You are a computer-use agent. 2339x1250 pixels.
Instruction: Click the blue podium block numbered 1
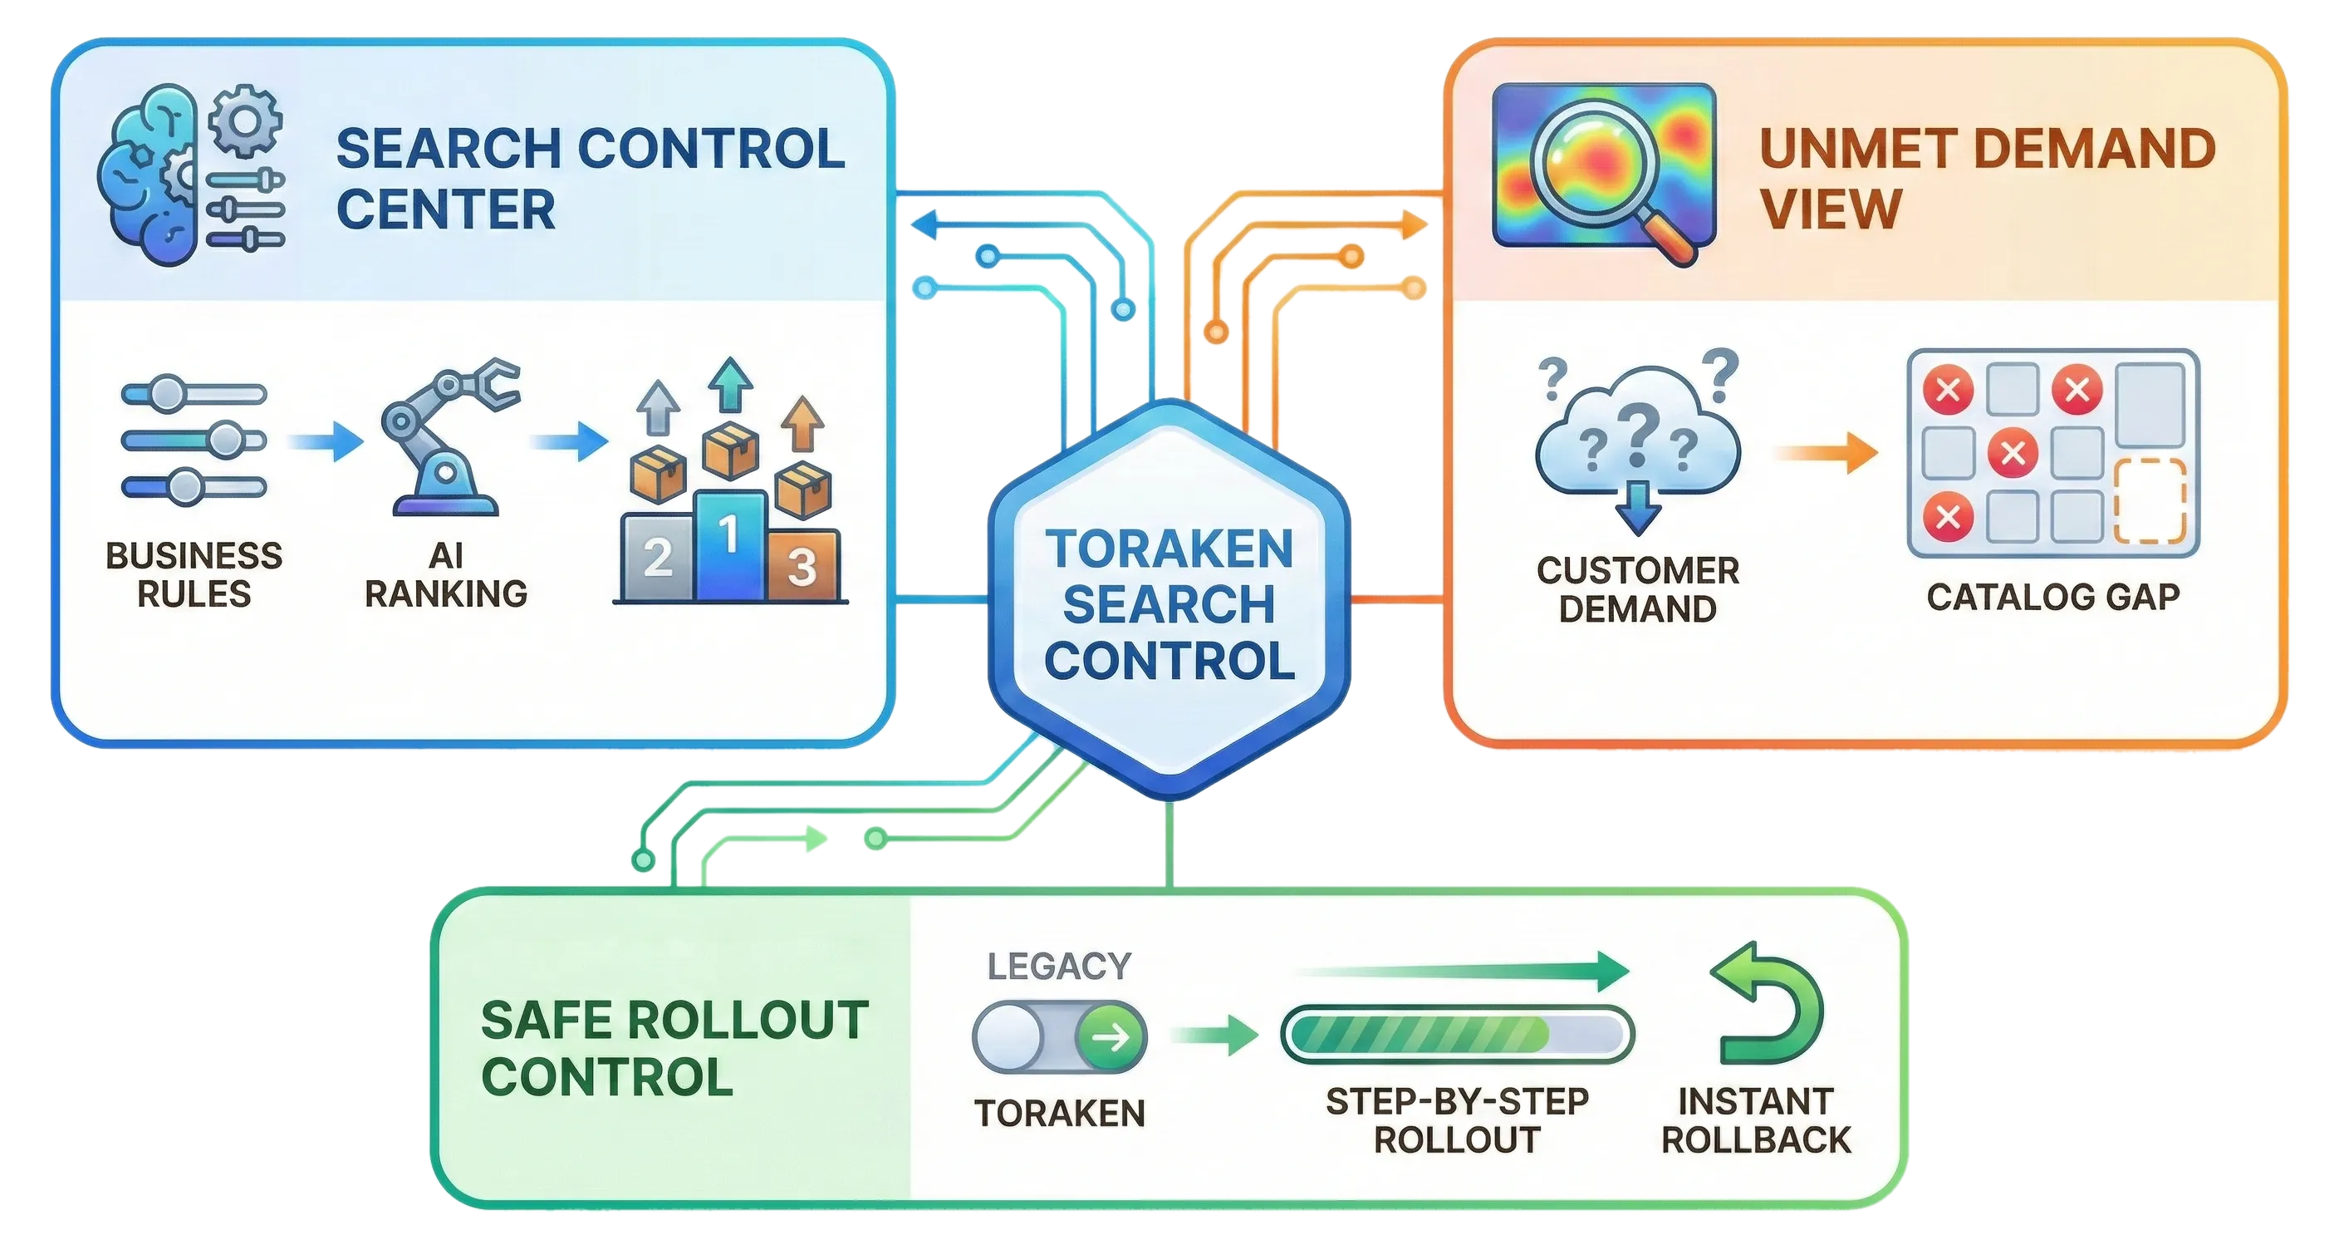[x=729, y=545]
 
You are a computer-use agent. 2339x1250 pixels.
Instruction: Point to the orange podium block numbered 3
[x=801, y=565]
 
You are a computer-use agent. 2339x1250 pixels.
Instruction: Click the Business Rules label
[x=194, y=574]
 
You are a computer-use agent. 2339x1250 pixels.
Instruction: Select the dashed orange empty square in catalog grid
[x=2150, y=500]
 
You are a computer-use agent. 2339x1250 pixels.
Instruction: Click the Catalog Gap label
[x=2053, y=597]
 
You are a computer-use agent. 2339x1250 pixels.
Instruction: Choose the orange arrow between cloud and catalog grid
[x=1825, y=452]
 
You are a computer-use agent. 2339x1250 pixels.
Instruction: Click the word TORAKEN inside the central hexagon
[x=1169, y=549]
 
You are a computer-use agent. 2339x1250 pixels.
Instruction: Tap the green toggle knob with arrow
[x=1111, y=1036]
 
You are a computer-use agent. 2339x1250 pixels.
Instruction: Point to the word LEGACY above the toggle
[x=1059, y=966]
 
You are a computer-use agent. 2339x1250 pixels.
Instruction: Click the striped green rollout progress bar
[x=1455, y=1034]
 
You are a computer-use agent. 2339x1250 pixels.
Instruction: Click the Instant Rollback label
[x=1755, y=1120]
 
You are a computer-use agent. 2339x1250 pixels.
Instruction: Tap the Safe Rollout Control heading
[x=674, y=1048]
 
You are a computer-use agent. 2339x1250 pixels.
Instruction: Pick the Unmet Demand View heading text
[x=1987, y=178]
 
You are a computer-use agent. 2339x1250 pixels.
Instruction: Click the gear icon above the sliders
[x=245, y=119]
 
